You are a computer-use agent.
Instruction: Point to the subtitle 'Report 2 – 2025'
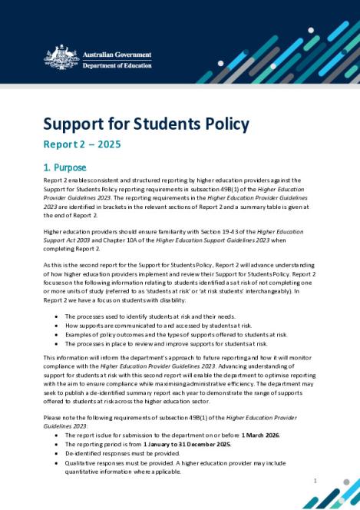click(x=81, y=144)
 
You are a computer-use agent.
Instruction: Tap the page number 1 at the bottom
click(x=315, y=481)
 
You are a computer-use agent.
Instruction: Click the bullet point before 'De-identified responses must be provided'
click(x=58, y=454)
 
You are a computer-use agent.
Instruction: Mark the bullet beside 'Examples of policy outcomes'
click(x=58, y=335)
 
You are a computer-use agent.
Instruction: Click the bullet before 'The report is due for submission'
click(x=58, y=435)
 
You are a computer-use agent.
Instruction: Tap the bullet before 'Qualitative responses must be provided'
click(x=58, y=463)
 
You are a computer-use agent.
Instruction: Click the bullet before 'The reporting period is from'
click(x=58, y=445)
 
